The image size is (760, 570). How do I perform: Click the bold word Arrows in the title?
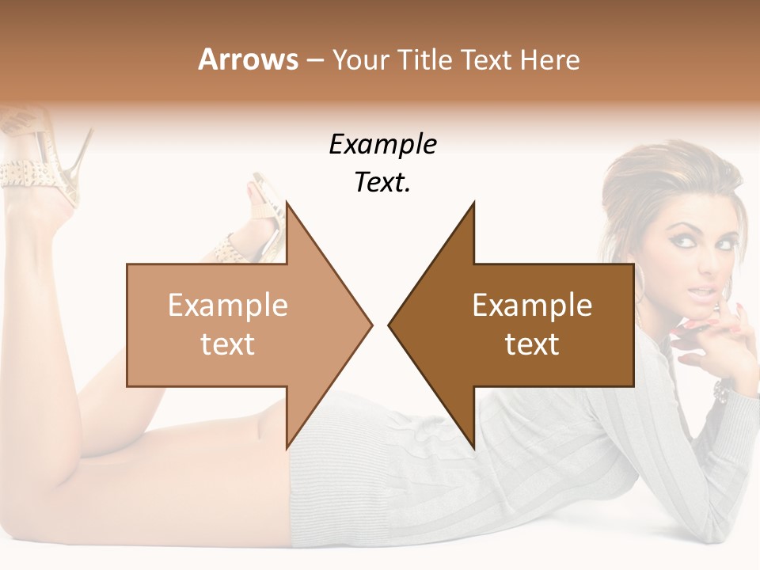(248, 59)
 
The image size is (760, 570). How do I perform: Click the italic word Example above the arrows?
(382, 144)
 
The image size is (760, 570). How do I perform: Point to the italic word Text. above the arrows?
(382, 182)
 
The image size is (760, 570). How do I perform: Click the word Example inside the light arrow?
(228, 305)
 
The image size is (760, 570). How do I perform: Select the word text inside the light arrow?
(228, 344)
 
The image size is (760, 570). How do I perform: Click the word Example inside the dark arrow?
(532, 305)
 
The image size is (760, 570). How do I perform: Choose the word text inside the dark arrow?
(532, 344)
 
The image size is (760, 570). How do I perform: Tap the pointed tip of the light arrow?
(370, 325)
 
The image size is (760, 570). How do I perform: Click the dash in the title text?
(315, 60)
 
